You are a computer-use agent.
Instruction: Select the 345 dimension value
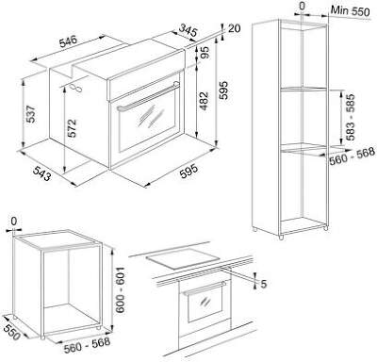188,30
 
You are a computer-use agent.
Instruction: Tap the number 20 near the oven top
234,28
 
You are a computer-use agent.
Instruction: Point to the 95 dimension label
205,53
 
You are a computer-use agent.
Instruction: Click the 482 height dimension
205,101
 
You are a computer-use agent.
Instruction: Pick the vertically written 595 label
223,90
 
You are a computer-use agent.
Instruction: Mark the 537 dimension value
31,114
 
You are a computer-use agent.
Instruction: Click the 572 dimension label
72,128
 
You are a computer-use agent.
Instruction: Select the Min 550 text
350,10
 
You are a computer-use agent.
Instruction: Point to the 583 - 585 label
351,117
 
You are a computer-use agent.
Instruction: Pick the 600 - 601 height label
120,290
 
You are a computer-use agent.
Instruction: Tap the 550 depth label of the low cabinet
11,331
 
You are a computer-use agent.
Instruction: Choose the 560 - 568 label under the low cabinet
87,345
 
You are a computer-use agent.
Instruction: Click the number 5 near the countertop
263,284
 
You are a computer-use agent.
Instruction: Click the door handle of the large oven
149,96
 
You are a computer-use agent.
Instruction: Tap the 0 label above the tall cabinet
302,7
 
